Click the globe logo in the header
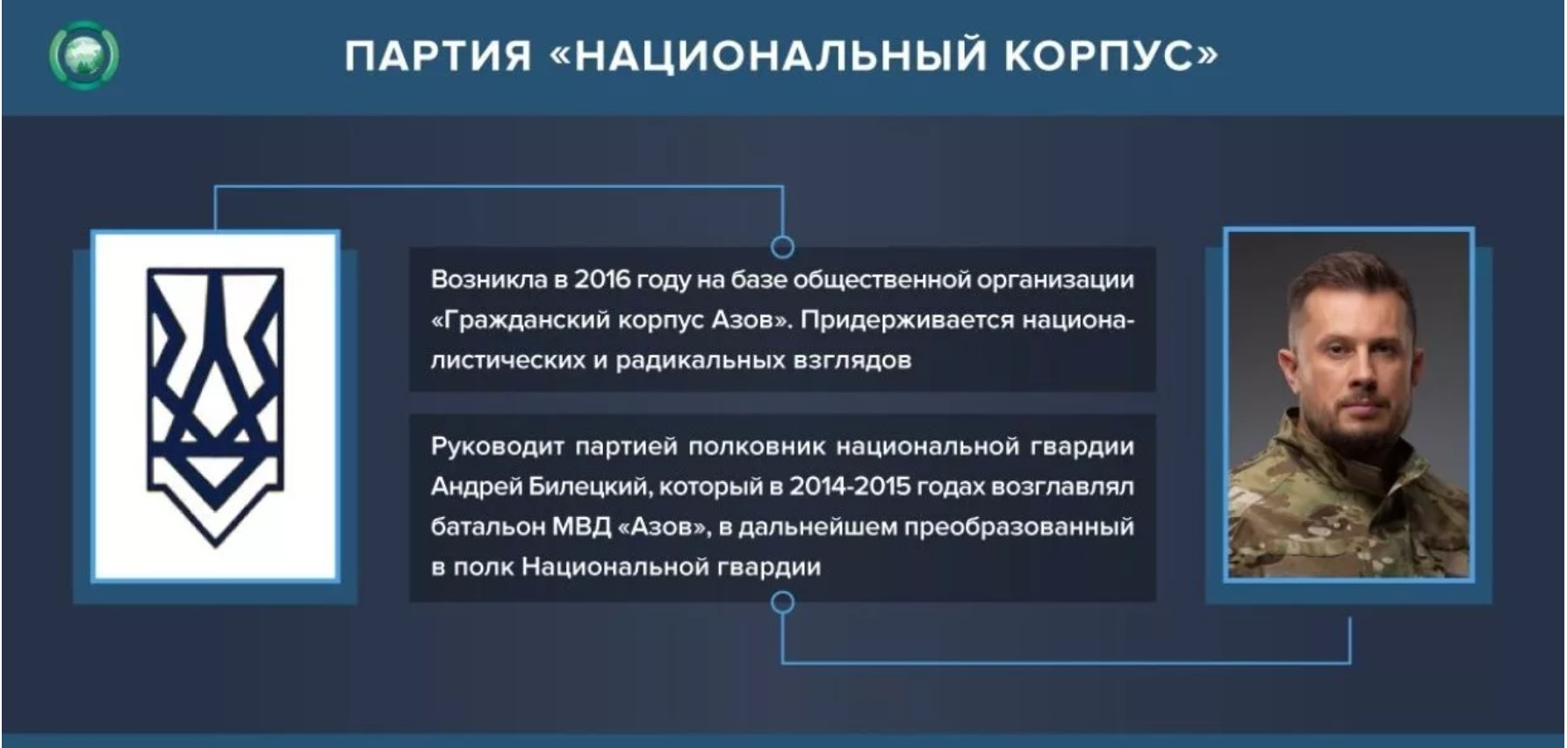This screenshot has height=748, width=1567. point(84,55)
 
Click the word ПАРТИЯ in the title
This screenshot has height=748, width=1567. point(438,55)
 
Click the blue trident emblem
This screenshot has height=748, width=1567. point(215,405)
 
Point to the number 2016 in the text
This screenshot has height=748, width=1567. point(602,279)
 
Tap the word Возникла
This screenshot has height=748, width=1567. point(488,279)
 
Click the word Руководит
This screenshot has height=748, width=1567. point(497,447)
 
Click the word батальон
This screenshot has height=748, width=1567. point(486,528)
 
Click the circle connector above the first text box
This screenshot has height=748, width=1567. point(782,247)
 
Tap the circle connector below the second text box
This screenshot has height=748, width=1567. point(782,602)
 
